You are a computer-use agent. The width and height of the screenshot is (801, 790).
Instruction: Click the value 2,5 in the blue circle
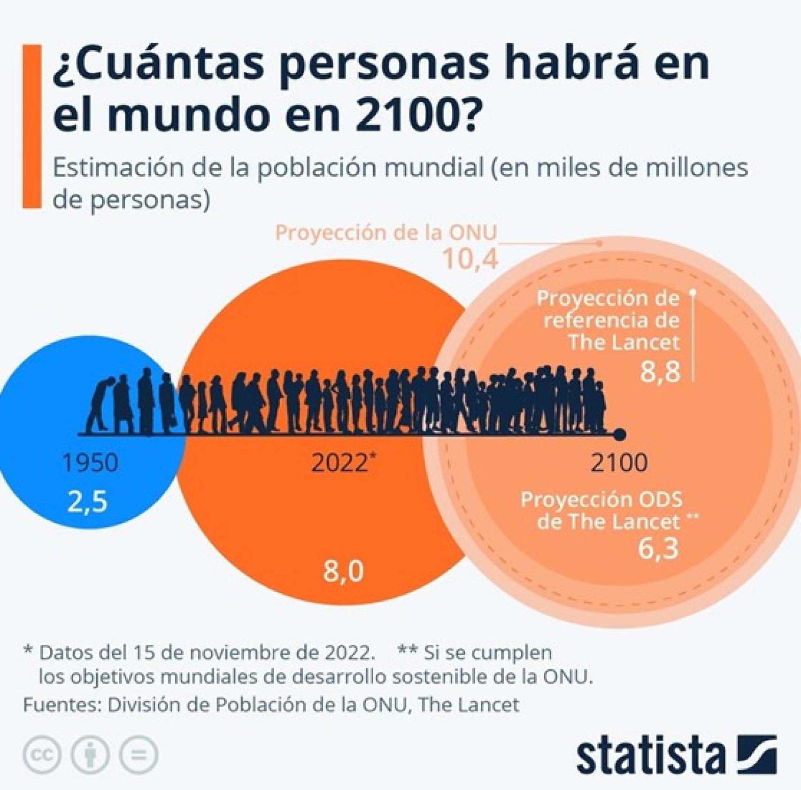tap(88, 501)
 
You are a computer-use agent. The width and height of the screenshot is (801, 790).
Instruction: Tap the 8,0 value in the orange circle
tap(343, 571)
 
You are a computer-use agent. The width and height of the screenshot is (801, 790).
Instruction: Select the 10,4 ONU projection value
tap(470, 259)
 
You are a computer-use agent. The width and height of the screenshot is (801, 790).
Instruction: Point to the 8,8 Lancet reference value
tap(660, 371)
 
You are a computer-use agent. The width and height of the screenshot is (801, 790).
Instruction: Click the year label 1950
tap(90, 463)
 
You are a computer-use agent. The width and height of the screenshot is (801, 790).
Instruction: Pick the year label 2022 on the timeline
tap(340, 463)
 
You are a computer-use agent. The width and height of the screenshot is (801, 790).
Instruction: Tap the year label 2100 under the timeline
tap(619, 463)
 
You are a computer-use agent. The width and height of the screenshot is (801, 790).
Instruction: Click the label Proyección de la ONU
tap(385, 233)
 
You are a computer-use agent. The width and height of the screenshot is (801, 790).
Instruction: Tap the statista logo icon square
tap(757, 754)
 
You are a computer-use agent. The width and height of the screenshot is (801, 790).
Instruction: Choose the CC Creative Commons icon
tap(42, 755)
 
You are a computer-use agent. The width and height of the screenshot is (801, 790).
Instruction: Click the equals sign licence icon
tap(139, 755)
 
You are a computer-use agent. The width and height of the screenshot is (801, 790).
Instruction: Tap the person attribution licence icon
tap(90, 755)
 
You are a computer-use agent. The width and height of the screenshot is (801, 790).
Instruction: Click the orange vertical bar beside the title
tap(32, 126)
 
